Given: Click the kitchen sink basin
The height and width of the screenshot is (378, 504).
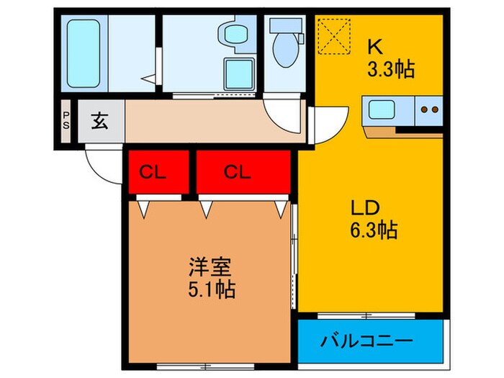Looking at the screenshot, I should pyautogui.click(x=379, y=110).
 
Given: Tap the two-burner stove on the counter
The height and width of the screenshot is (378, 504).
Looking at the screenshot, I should pyautogui.click(x=429, y=110).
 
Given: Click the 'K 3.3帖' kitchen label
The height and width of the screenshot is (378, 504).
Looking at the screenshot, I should pyautogui.click(x=390, y=58).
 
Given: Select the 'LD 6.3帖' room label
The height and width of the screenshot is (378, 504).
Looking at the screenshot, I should pyautogui.click(x=374, y=219).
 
